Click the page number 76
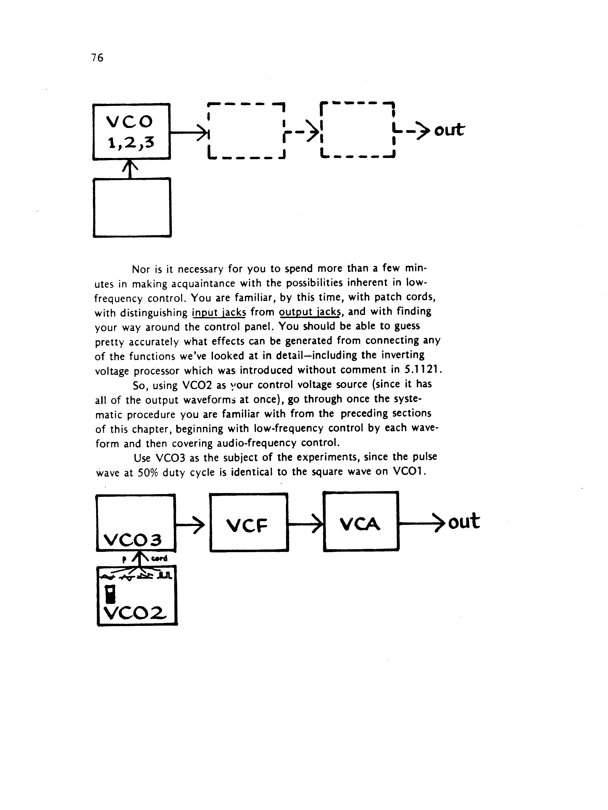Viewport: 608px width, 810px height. pyautogui.click(x=97, y=58)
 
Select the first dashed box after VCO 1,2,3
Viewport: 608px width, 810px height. pyautogui.click(x=246, y=130)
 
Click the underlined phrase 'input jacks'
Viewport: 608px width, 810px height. pyautogui.click(x=219, y=313)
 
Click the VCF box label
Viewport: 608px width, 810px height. pyautogui.click(x=248, y=526)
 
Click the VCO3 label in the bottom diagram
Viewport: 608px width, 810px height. pyautogui.click(x=133, y=539)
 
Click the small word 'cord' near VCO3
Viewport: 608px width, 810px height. pyautogui.click(x=159, y=558)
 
